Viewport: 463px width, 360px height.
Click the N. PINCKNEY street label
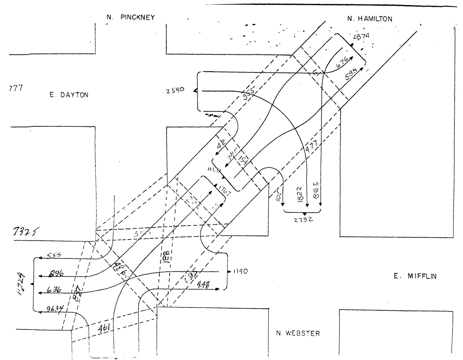(x=130, y=17)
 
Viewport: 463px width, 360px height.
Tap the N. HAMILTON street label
(x=370, y=19)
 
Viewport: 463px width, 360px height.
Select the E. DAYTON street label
(x=69, y=95)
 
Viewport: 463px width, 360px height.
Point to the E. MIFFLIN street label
(x=415, y=277)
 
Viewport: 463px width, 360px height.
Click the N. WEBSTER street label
(x=298, y=333)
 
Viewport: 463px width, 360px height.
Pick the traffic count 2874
(x=361, y=37)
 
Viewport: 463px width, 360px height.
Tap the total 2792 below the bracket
(x=304, y=220)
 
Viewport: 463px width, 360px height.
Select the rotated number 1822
(x=300, y=194)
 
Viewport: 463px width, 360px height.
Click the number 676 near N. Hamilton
(x=342, y=63)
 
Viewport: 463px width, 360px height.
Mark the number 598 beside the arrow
(x=351, y=75)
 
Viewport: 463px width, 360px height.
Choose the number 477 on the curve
(x=312, y=146)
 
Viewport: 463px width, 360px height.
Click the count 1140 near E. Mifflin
(x=240, y=272)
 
